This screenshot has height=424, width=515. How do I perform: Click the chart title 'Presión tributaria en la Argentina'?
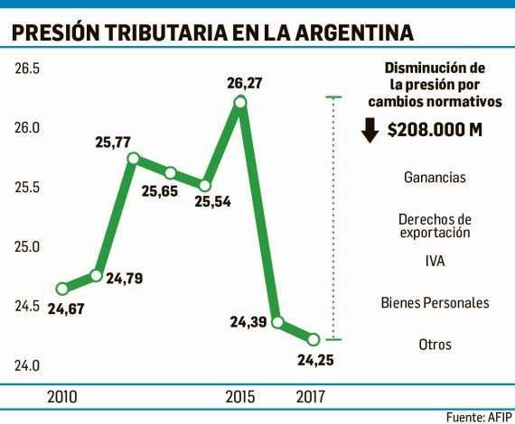[213, 33]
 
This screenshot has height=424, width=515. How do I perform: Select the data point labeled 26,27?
[239, 103]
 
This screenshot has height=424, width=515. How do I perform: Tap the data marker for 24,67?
[62, 289]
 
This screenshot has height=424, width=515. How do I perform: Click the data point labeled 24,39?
[277, 322]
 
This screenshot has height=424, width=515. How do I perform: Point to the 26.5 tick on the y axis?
[27, 69]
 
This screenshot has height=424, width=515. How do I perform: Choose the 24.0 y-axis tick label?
[27, 365]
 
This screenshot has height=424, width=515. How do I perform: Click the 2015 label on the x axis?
[239, 396]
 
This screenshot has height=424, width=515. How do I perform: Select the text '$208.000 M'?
[434, 130]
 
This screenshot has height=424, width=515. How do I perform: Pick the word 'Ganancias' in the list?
[435, 177]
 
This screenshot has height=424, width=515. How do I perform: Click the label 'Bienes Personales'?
[435, 302]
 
